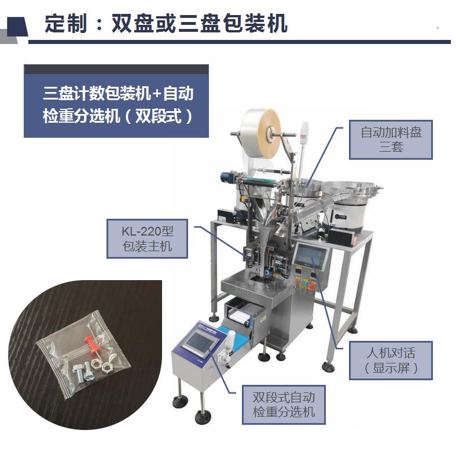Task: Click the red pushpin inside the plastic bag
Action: tap(92, 346)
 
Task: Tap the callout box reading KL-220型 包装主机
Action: tap(147, 238)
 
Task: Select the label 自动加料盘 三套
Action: tap(391, 139)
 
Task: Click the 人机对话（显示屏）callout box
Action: tap(391, 360)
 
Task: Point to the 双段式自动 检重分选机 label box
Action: tap(284, 405)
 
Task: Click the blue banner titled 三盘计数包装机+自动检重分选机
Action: tap(116, 101)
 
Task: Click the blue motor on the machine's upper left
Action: tap(228, 177)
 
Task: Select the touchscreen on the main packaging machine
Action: tap(311, 255)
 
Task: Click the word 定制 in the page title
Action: tap(66, 23)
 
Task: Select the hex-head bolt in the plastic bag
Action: tap(79, 372)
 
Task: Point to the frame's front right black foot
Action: tap(329, 368)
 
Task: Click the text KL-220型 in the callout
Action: tap(148, 231)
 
